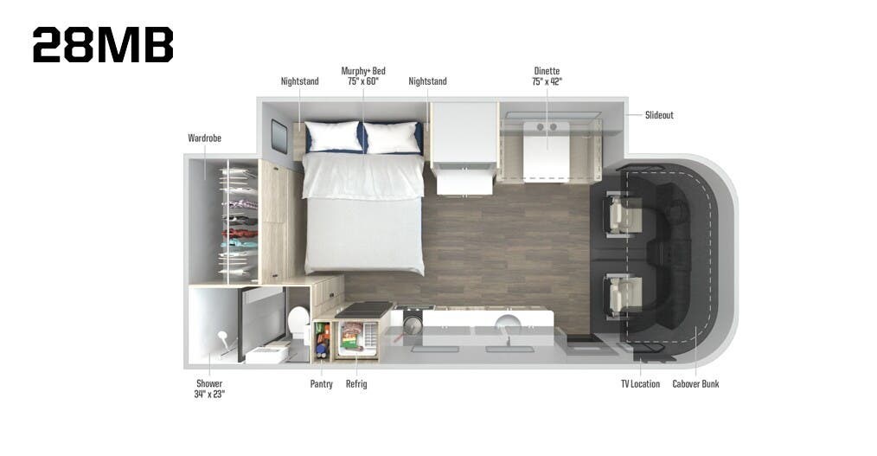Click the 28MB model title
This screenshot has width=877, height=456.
point(103,45)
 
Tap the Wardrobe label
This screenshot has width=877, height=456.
point(204,138)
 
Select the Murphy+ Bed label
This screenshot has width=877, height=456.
point(363,75)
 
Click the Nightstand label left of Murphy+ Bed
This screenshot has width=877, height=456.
point(299,81)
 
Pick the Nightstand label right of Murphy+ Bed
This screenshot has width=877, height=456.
point(427,81)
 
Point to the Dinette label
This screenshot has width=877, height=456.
point(547,75)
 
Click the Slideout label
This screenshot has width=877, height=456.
point(659,115)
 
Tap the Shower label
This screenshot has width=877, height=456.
point(208,389)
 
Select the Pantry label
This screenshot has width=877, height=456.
point(321,384)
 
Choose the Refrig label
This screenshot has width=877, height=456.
point(356,384)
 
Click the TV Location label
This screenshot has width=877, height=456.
point(640,384)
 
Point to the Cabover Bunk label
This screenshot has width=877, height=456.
point(695,384)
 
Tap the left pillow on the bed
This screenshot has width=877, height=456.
point(333,136)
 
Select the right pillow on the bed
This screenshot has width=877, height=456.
point(392,136)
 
